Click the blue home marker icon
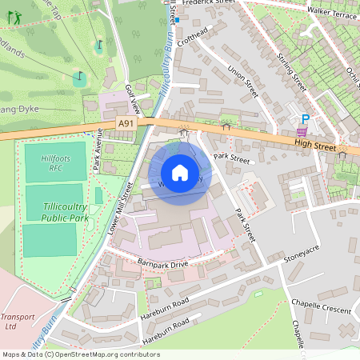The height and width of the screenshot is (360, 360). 180,173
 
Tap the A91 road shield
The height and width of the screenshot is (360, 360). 126,123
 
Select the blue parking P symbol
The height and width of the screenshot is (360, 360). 305,118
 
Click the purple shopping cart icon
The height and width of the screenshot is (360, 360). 302,132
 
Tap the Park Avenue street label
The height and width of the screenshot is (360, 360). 98,155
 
